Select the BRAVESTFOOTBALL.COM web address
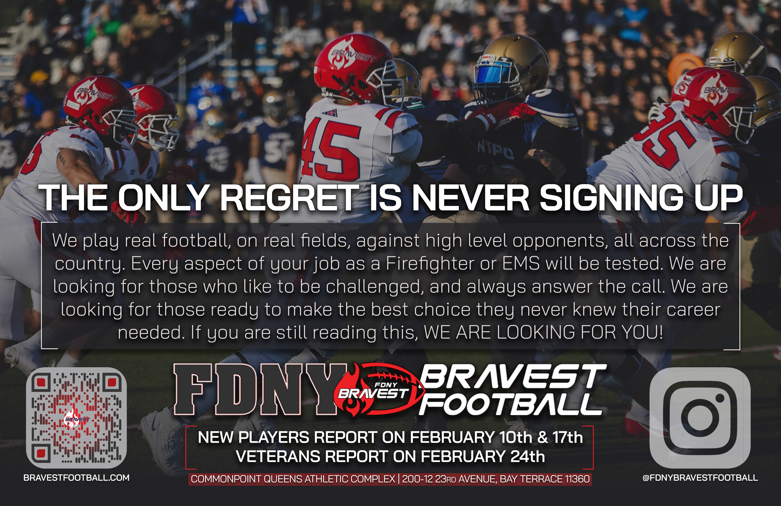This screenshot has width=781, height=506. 76,478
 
